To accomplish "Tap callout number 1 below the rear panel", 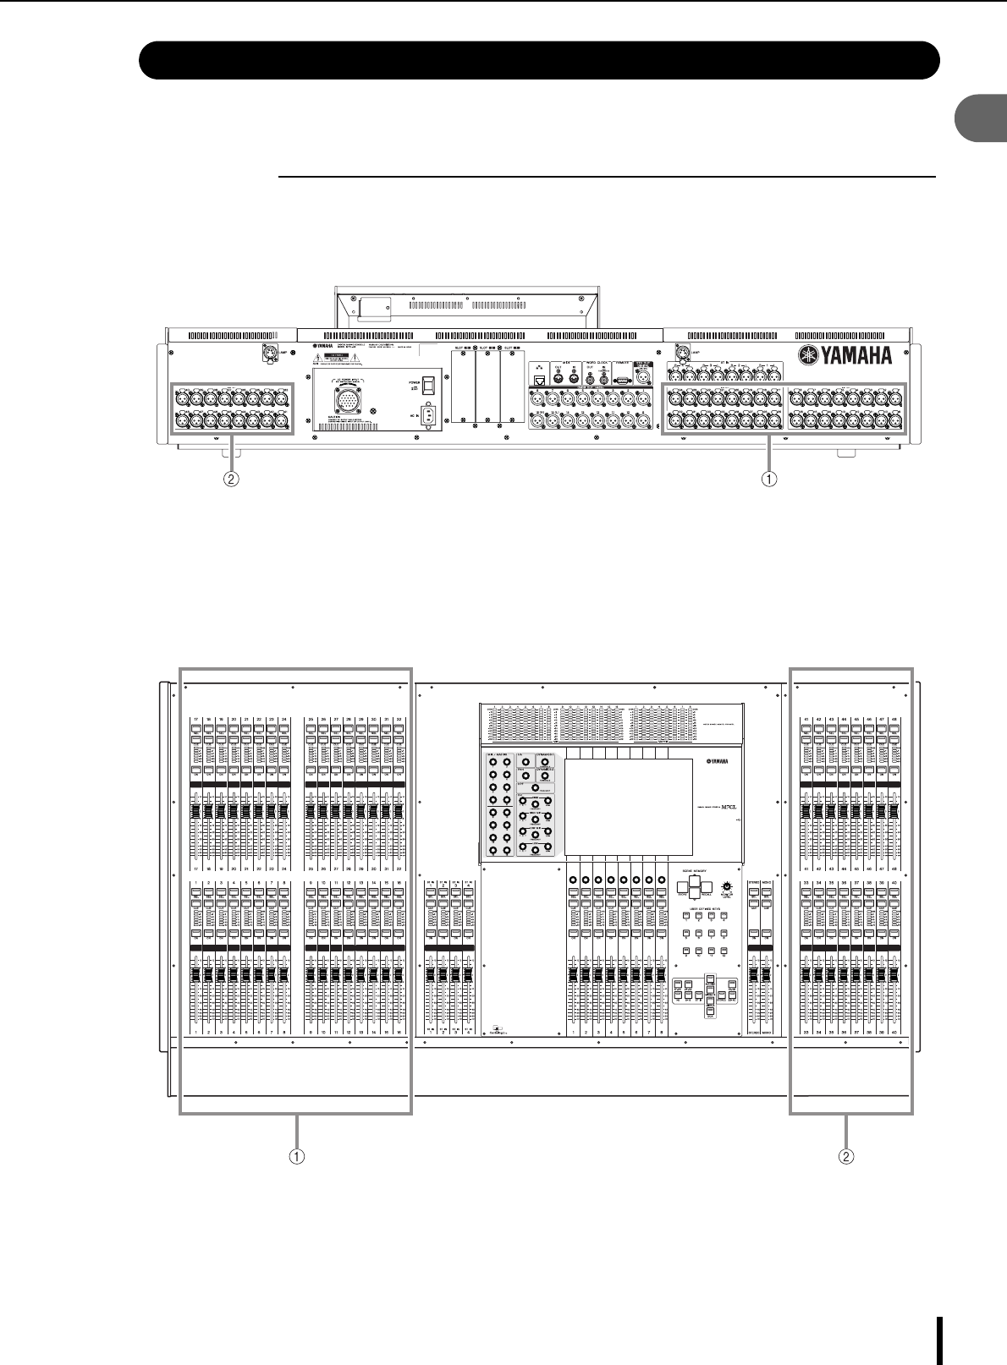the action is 768,478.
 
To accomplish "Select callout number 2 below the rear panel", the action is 229,478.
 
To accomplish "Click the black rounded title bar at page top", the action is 540,59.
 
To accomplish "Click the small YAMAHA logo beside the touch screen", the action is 713,762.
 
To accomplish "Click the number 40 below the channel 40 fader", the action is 894,1033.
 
